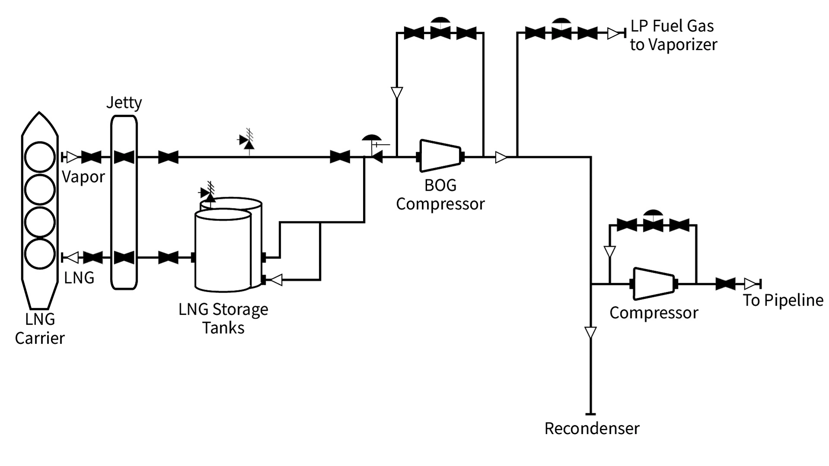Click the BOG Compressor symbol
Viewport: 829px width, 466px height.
[440, 156]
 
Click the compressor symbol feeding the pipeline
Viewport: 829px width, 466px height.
[654, 283]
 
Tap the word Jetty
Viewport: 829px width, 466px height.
[124, 103]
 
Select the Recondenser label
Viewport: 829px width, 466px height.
[592, 428]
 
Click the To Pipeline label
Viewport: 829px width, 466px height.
[783, 300]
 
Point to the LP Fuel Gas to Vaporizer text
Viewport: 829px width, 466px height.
[673, 35]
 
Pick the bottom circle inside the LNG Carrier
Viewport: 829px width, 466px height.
[40, 254]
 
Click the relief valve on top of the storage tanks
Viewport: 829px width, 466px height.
[209, 193]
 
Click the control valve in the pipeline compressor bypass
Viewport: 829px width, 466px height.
[653, 223]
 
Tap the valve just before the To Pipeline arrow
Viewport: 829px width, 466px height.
[725, 284]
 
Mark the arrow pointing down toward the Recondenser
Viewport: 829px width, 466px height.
[590, 333]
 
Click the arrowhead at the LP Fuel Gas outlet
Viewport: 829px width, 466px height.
[614, 33]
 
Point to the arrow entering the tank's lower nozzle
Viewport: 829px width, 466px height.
[275, 280]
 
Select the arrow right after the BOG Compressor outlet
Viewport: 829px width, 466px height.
[501, 157]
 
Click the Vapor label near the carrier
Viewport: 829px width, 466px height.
[83, 177]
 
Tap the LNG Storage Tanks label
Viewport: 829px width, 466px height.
[223, 318]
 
